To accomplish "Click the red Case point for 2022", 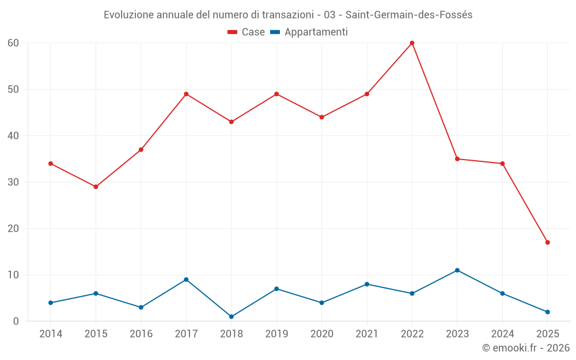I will pyautogui.click(x=412, y=43).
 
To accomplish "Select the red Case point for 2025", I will pyautogui.click(x=547, y=242).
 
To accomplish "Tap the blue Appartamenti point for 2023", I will pyautogui.click(x=457, y=270).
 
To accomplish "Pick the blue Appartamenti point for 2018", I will pyautogui.click(x=232, y=317).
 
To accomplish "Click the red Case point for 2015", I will pyautogui.click(x=96, y=187).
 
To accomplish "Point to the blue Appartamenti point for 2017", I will pyautogui.click(x=186, y=279).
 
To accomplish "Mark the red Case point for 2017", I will pyautogui.click(x=186, y=94).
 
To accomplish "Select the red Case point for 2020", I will pyautogui.click(x=321, y=117).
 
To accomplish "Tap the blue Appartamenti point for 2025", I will pyautogui.click(x=547, y=312).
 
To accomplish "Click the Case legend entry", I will pyautogui.click(x=246, y=32).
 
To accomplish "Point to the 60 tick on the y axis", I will pyautogui.click(x=13, y=43).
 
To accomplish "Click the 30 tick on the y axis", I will pyautogui.click(x=13, y=182).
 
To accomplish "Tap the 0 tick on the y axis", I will pyautogui.click(x=16, y=321).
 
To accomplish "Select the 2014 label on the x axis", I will pyautogui.click(x=51, y=334).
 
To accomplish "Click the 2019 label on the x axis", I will pyautogui.click(x=276, y=334).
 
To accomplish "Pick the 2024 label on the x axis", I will pyautogui.click(x=502, y=334).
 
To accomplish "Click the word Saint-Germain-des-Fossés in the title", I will pyautogui.click(x=409, y=15).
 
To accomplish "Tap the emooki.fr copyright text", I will pyautogui.click(x=526, y=348).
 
